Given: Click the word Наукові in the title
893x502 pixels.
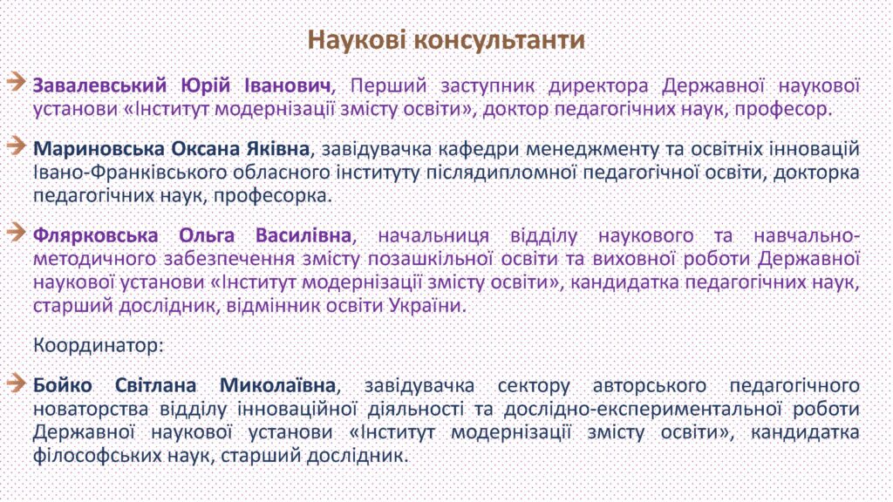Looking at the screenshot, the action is [356, 40].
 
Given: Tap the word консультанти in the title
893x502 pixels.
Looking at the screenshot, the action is [500, 40].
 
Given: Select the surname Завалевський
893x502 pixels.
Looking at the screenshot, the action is [99, 85].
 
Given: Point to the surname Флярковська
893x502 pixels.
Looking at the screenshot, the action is [95, 235].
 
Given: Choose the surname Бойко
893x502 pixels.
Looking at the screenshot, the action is [63, 385].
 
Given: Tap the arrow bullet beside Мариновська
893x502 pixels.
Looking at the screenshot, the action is [17, 146].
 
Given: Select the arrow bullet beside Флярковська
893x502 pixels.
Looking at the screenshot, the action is [17, 232].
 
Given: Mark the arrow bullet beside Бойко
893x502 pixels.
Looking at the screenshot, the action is [17, 383].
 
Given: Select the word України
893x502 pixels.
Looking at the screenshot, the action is [427, 306].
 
